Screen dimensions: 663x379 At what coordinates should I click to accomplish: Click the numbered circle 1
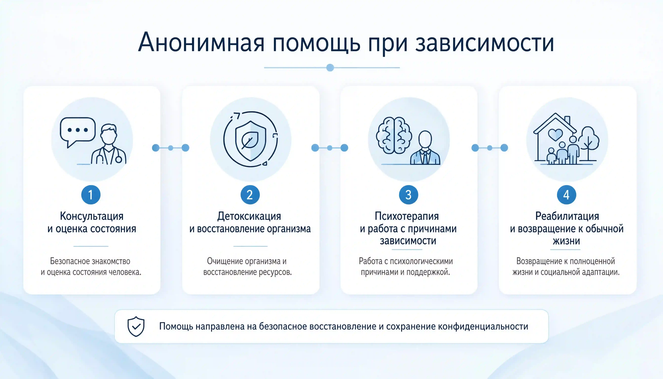[91, 195]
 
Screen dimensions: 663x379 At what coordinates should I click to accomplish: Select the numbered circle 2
[250, 195]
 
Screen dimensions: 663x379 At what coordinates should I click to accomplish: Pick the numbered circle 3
[409, 195]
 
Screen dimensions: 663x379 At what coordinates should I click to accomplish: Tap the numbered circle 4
[566, 195]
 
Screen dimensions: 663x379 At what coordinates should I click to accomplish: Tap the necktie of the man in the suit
[425, 157]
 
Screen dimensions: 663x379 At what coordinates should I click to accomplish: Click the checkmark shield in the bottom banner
[136, 326]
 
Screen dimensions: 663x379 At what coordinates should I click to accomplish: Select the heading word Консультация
[92, 216]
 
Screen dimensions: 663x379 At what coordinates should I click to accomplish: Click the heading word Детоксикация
[249, 216]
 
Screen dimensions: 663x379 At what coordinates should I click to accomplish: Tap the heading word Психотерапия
[407, 216]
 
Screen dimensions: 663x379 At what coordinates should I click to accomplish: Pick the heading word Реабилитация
[567, 216]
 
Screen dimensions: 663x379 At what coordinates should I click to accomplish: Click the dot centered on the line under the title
[330, 67]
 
